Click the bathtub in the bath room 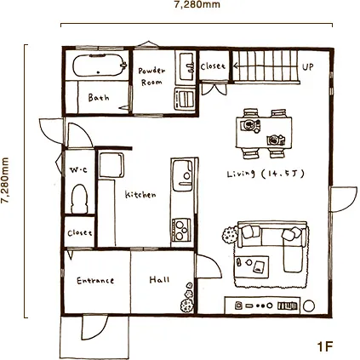pos(99,66)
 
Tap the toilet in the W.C pos(79,198)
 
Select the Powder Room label pos(151,77)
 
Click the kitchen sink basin pos(182,175)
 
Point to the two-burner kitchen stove pos(180,230)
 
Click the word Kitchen pos(140,195)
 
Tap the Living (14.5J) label pos(266,174)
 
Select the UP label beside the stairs pos(308,67)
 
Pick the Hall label pos(159,280)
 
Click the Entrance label pos(95,281)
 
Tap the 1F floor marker pos(324,346)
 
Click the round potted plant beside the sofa pos(230,235)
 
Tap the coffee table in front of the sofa pos(251,266)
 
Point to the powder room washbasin pos(186,66)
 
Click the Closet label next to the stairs pos(213,66)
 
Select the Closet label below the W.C pos(80,233)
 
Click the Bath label pos(99,97)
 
